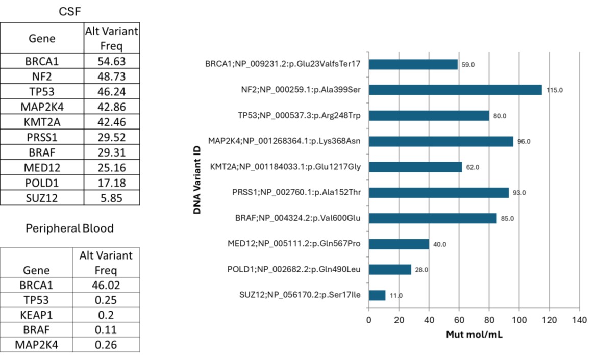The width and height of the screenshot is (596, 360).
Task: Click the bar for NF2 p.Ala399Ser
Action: [x=455, y=90]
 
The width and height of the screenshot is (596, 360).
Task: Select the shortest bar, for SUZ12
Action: [x=377, y=295]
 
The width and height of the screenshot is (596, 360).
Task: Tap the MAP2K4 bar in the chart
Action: [x=441, y=141]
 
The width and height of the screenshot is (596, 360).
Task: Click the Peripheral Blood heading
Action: [x=69, y=228]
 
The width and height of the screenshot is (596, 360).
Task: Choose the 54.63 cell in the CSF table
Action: [x=111, y=61]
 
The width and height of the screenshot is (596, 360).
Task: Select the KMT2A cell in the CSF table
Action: [x=42, y=122]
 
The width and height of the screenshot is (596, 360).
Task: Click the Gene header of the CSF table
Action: [x=42, y=38]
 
